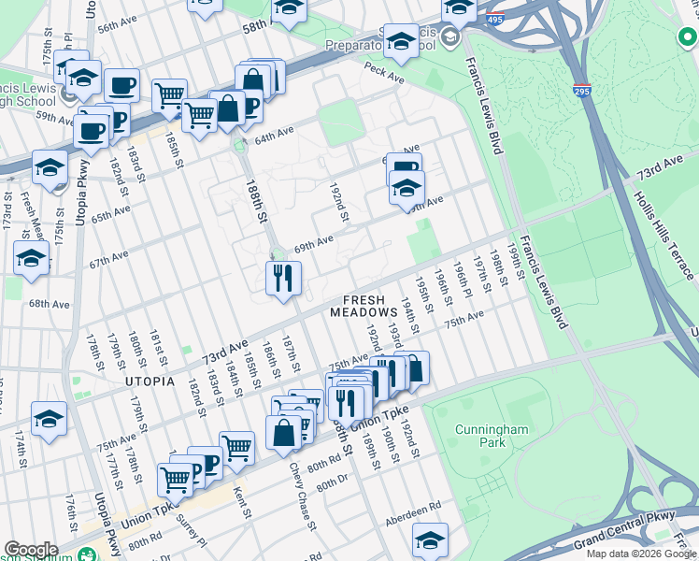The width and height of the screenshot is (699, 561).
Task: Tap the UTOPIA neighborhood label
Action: [149, 381]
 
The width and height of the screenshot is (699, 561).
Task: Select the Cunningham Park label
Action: [492, 437]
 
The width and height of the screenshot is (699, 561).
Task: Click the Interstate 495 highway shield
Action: [497, 17]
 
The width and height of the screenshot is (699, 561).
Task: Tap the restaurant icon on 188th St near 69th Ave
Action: [282, 278]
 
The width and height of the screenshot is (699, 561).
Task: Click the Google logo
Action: [31, 550]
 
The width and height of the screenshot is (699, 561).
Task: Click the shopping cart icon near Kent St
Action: [236, 448]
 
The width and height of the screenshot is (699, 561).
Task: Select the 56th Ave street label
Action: [118, 25]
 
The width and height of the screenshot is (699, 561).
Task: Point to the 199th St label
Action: [513, 252]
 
